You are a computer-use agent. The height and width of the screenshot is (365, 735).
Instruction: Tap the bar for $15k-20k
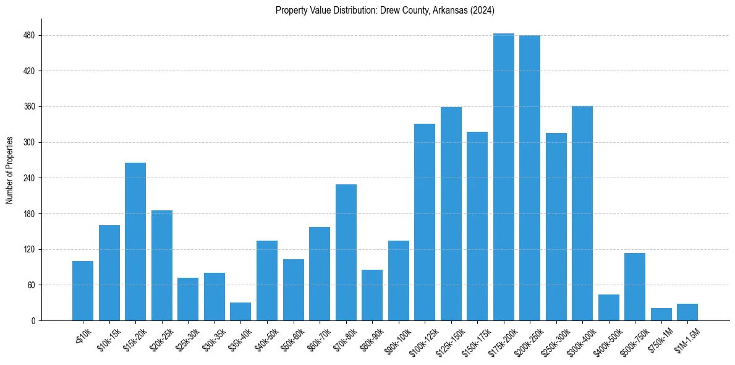135,241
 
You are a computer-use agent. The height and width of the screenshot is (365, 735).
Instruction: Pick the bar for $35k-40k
240,311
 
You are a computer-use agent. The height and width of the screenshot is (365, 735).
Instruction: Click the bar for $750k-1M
661,314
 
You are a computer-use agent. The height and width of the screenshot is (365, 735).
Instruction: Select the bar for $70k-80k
346,252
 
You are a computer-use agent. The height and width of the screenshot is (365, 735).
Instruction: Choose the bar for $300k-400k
582,213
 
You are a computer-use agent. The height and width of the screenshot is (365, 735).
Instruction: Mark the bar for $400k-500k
608,307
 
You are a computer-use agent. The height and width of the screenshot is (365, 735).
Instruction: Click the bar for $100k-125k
425,222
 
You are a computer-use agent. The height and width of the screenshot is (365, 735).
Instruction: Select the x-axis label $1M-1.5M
687,341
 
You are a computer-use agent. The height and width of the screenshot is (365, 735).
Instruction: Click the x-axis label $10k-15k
109,341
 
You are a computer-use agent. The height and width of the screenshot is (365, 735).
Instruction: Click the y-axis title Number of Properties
9,170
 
